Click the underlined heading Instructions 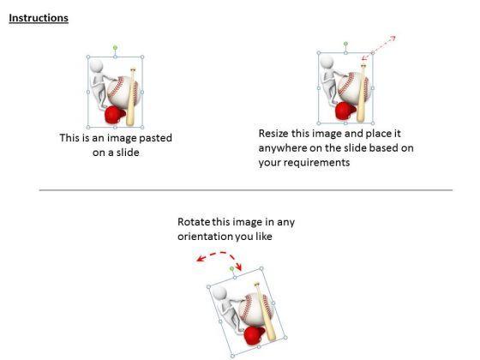point(39,18)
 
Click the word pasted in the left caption point(155,138)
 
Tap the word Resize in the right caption point(273,134)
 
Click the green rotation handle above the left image point(115,48)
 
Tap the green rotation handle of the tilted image point(231,269)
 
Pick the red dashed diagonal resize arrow point(379,47)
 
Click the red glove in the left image point(115,115)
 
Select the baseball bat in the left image point(132,96)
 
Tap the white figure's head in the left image point(96,66)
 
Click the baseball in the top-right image point(354,87)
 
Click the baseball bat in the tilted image point(265,310)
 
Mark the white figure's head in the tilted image point(219,294)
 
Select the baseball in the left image point(124,92)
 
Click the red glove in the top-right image point(345,111)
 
